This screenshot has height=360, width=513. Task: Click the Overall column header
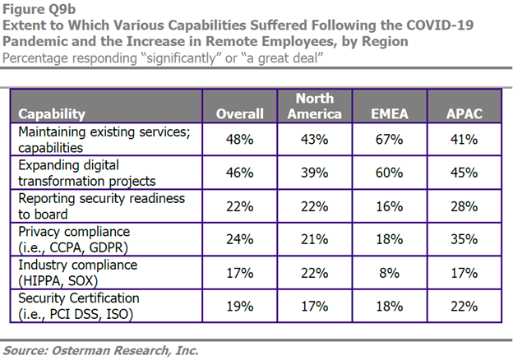[239, 114]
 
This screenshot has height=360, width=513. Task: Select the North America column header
[314, 106]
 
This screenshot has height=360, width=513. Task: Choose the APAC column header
[463, 114]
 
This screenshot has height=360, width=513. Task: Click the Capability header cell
[55, 114]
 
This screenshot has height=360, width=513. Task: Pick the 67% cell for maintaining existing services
[388, 141]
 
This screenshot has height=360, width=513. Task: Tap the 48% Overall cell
[239, 141]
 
